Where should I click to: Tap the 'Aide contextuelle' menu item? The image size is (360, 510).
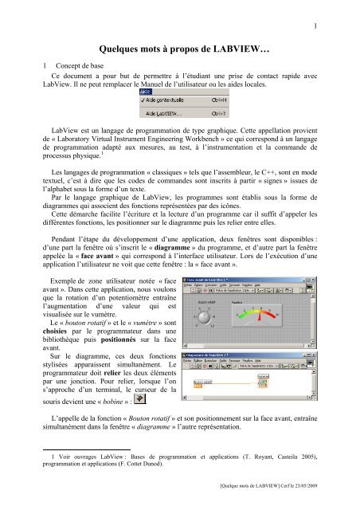[139, 100]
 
